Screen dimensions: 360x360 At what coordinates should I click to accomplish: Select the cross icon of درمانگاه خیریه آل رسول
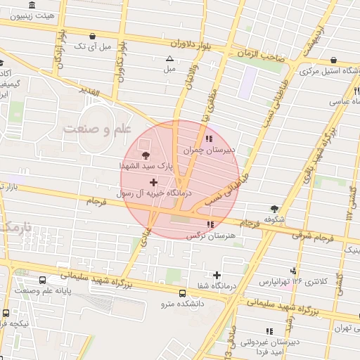click(x=154, y=182)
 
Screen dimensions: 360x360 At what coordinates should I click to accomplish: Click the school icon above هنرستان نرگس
click(x=210, y=224)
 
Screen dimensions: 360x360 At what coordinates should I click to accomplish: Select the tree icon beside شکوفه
click(x=274, y=209)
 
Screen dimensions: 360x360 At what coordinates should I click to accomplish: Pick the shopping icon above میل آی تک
click(x=93, y=36)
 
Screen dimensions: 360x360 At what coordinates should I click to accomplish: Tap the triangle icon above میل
click(x=169, y=59)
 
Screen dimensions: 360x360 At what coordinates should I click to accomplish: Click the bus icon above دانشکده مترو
click(x=183, y=293)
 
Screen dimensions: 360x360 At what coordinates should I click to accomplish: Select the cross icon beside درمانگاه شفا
click(x=217, y=275)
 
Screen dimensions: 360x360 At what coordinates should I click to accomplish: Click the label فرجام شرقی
click(x=321, y=237)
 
